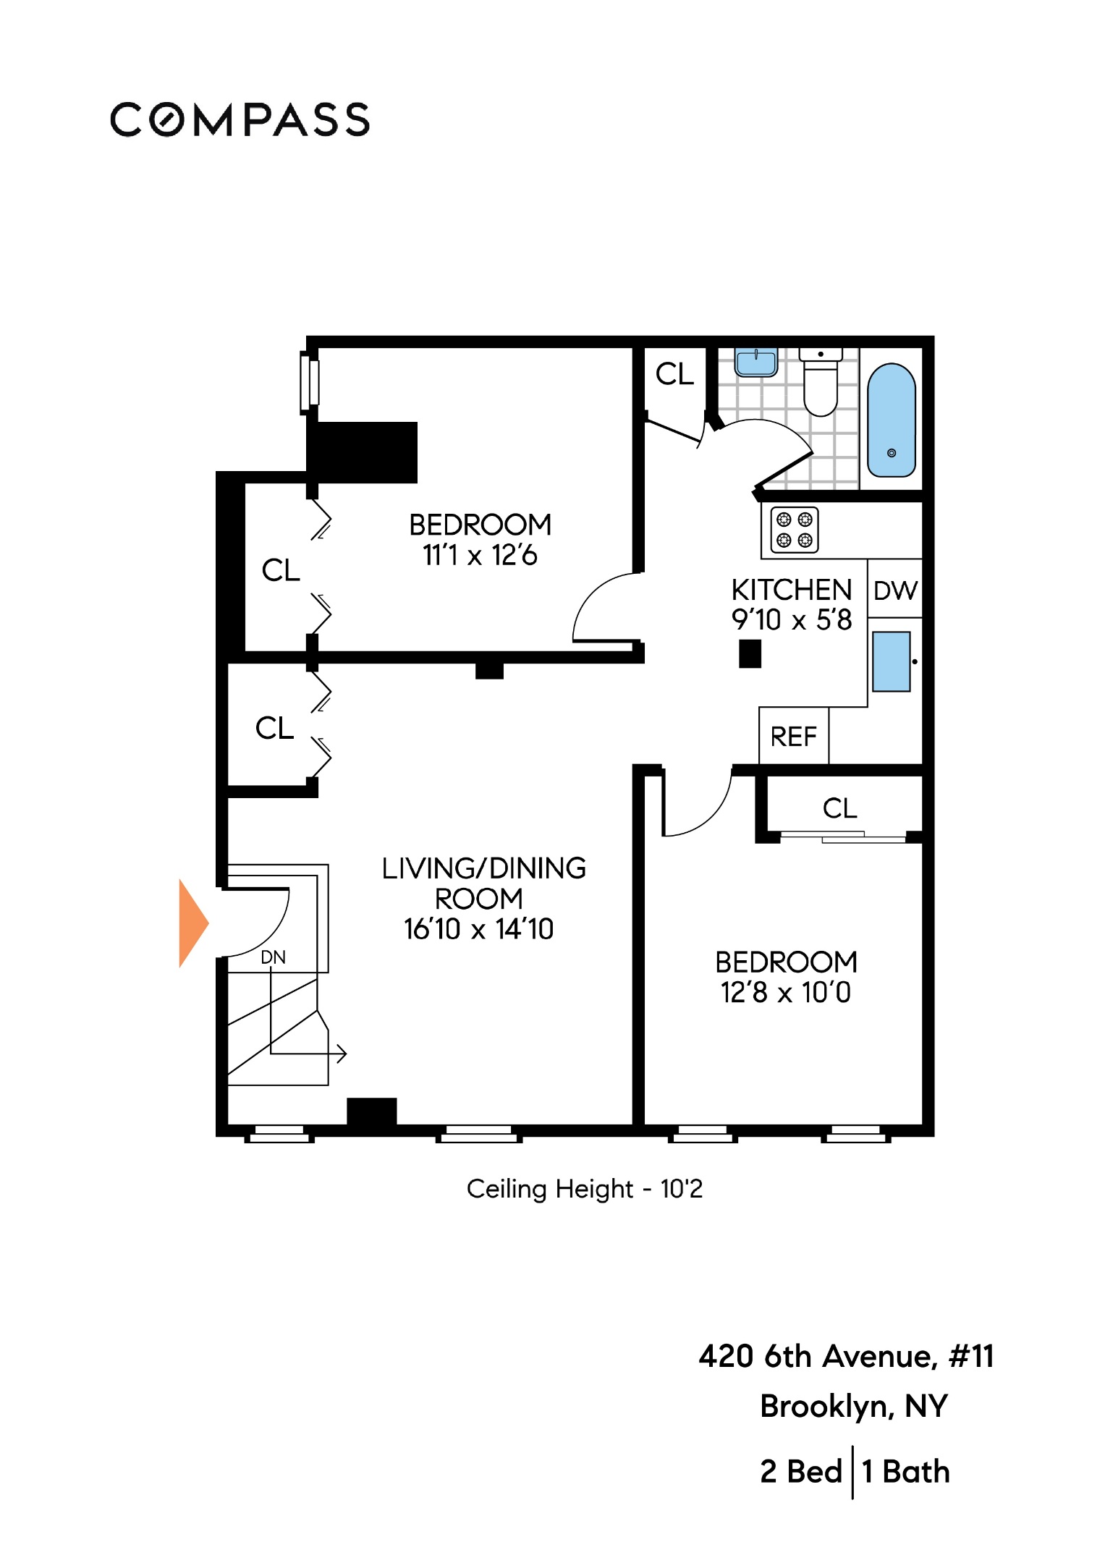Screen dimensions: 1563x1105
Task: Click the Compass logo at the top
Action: [x=240, y=119]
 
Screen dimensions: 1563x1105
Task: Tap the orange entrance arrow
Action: [x=192, y=923]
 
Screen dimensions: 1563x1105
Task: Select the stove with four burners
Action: [x=794, y=530]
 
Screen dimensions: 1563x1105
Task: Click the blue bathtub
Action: [x=891, y=420]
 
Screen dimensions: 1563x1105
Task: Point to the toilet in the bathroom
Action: [x=820, y=384]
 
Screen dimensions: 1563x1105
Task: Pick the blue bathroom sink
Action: [x=755, y=362]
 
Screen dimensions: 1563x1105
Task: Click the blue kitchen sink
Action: [x=891, y=661]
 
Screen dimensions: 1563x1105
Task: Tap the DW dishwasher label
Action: [x=895, y=590]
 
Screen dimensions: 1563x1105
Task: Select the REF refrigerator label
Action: [x=793, y=737]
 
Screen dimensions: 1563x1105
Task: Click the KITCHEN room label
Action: [x=791, y=590]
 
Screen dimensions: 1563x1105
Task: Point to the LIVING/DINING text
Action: [x=483, y=868]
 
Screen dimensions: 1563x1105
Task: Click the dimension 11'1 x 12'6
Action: [x=480, y=555]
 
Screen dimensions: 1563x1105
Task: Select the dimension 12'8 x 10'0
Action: [x=785, y=992]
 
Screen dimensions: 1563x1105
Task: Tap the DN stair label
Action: [x=273, y=957]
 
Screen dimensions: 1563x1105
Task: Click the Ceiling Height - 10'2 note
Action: [x=584, y=1188]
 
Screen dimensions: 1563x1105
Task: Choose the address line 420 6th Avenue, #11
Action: [x=846, y=1356]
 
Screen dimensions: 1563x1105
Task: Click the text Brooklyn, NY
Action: [x=853, y=1406]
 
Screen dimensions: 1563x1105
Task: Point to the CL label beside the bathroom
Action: [x=674, y=374]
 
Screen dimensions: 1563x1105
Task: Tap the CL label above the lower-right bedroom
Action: [x=839, y=808]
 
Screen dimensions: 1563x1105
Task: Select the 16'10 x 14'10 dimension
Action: [x=478, y=928]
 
